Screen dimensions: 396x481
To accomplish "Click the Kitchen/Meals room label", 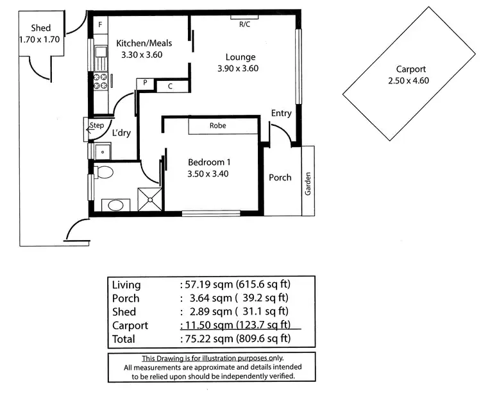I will coord(144,43).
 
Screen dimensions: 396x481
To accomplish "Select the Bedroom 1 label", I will coord(208,162).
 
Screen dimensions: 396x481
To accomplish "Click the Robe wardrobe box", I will coord(217,126).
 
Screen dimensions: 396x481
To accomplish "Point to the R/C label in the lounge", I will coord(245,24).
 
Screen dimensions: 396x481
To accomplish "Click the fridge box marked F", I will coord(100,25).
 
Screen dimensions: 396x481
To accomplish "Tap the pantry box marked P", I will coord(146,83).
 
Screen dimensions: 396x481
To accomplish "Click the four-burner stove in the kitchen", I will coord(101,82).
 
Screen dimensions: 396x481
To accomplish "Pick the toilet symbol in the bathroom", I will coord(105,172).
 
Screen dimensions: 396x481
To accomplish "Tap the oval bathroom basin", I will coord(114,205).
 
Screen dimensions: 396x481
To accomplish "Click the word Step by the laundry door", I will coord(97,125).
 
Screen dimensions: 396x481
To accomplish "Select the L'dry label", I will coord(122,133).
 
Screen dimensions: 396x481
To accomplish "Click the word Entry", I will coord(281,114).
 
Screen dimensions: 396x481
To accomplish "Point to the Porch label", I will coord(280,178).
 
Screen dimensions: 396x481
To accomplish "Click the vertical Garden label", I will coord(308,182).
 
